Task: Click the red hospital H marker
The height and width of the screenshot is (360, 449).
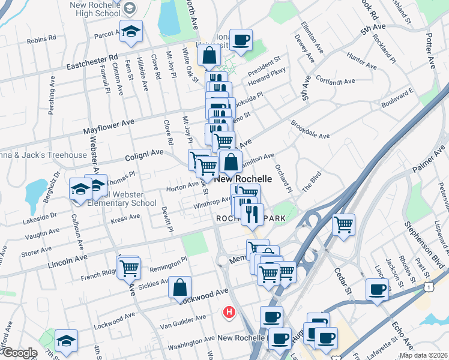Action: [x=229, y=312]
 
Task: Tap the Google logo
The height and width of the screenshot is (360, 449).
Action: [x=20, y=353]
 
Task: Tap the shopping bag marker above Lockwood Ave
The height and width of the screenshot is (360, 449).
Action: [x=180, y=287]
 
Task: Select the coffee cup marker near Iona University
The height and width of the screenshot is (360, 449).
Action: [x=241, y=40]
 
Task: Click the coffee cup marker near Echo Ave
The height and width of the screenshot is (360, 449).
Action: [x=378, y=290]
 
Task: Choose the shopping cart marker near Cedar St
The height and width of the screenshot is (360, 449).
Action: [x=344, y=225]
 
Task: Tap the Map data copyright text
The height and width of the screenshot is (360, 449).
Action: [x=423, y=355]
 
